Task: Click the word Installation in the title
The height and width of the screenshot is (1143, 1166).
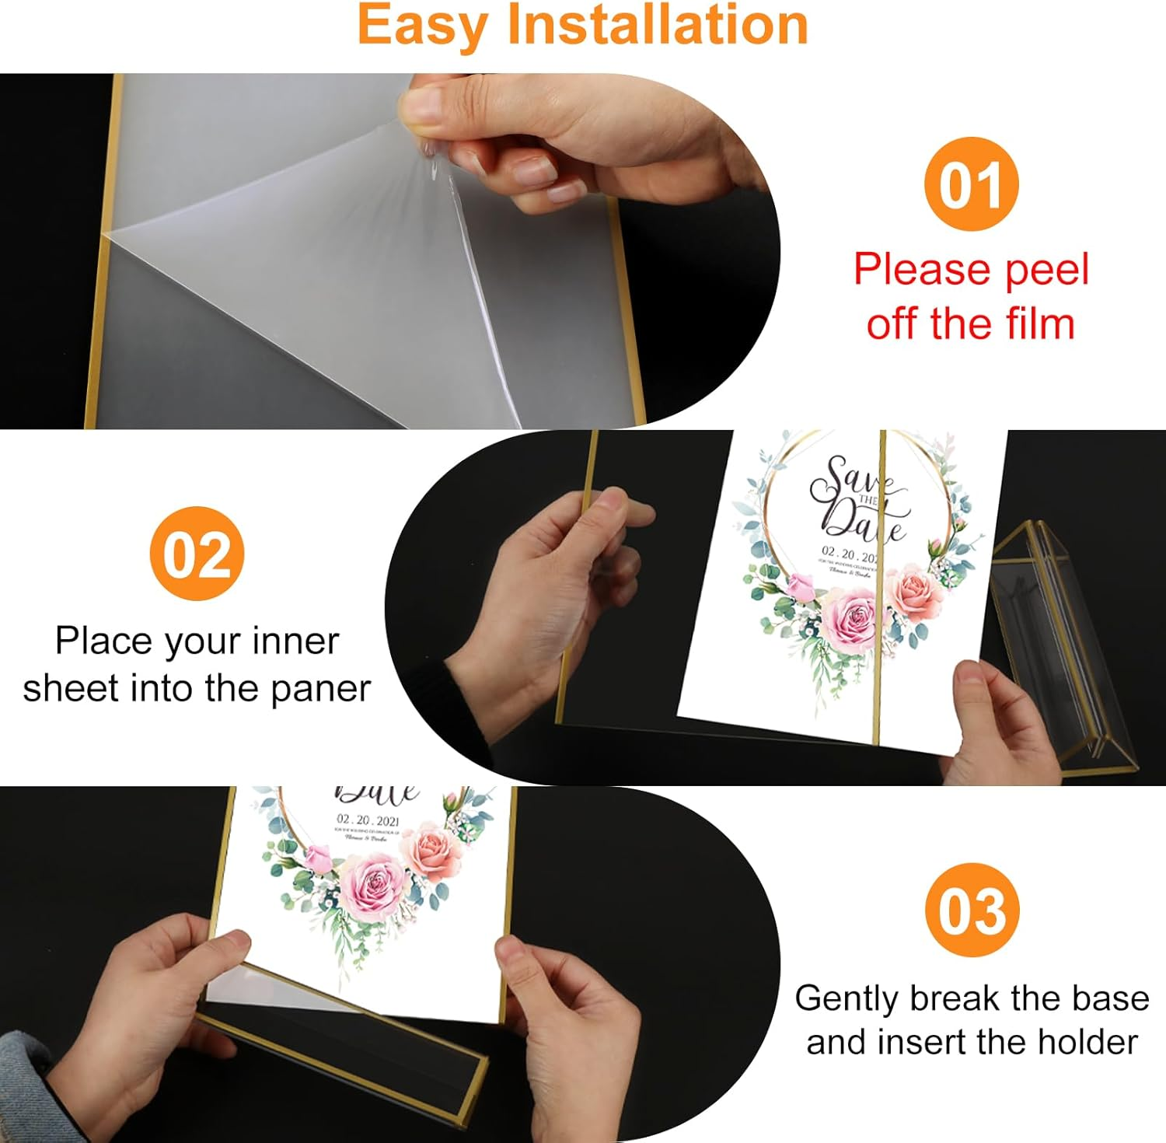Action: pos(658,25)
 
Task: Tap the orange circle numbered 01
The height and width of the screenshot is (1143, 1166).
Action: pos(971,184)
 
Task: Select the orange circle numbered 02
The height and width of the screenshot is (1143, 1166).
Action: pos(197,554)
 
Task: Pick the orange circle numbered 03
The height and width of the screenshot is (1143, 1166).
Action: pos(972,910)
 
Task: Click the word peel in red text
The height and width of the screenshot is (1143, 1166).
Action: pos(1046,271)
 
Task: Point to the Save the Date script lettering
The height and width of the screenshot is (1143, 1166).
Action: pos(857,498)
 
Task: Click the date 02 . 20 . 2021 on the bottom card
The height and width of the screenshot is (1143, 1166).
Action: pos(368,820)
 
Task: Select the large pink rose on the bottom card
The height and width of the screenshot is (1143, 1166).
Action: pos(372,888)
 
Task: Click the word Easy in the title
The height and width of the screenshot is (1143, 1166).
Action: pos(424,25)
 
